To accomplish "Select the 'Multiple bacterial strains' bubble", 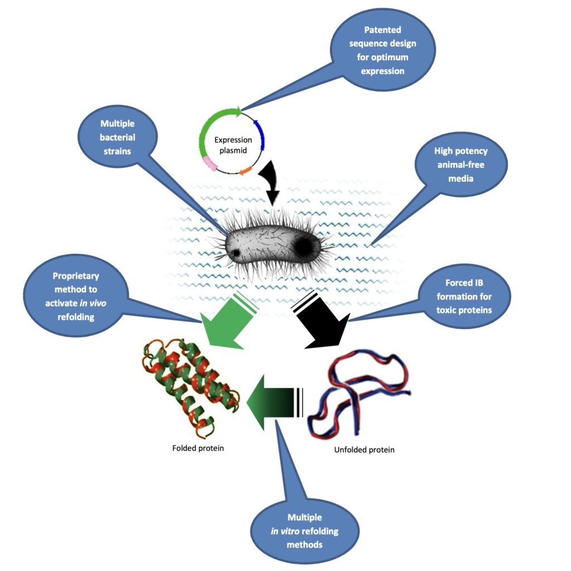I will coord(118,137).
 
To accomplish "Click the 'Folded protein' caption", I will coord(198,448).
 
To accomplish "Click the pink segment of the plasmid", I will coord(210,163).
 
